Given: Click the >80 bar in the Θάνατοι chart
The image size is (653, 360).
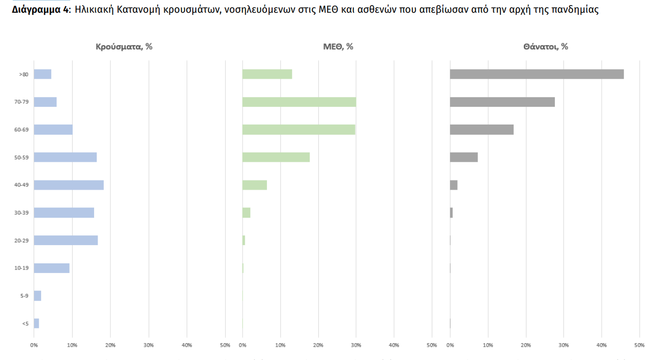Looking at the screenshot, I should [537, 74].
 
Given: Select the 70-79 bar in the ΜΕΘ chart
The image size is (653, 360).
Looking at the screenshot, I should [299, 102].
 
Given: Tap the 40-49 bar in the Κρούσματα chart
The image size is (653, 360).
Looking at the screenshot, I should [69, 185].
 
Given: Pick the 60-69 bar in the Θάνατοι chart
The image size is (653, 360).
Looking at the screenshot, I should [482, 130].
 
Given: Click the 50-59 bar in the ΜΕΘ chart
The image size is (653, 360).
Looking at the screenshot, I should [276, 157].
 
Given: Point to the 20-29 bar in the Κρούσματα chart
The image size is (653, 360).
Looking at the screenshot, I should [66, 240].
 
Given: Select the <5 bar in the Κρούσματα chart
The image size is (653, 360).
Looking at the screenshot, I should [37, 323].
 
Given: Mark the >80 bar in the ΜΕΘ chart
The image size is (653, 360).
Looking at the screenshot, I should [267, 74].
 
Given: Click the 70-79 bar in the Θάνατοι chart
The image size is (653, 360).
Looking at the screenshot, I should [502, 102].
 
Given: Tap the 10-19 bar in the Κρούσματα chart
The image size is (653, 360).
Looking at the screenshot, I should [51, 268].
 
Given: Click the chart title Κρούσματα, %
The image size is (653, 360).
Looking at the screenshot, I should [124, 47].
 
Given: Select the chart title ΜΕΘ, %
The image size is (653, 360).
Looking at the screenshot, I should [338, 47].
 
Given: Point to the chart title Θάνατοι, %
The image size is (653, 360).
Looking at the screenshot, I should [545, 47].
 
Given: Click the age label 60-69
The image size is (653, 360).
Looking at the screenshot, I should [21, 130].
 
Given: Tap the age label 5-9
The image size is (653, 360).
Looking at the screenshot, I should [24, 295].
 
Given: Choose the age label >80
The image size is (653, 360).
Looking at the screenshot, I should [23, 74].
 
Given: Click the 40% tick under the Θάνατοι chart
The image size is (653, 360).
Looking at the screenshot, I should [602, 346].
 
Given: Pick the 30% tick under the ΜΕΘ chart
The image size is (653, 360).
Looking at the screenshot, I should [356, 346].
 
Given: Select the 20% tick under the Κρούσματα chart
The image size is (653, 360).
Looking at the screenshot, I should [110, 346].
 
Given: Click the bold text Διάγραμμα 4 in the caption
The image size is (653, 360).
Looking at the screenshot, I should [41, 10].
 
